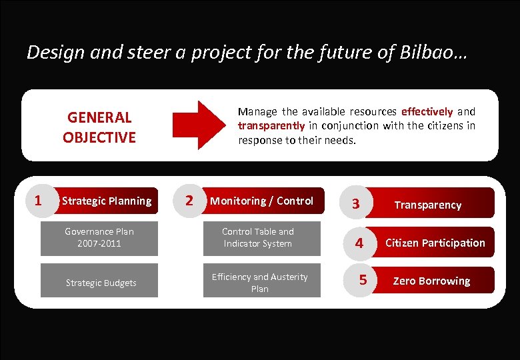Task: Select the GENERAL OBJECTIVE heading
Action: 99,127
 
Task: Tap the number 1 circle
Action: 39,200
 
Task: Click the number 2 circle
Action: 189,200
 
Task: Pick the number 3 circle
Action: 356,204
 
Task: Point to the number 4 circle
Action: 359,243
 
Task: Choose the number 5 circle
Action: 362,280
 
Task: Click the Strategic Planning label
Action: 107,201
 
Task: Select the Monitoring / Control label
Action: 261,201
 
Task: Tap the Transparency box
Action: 428,205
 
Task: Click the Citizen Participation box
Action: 435,243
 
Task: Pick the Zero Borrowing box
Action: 431,281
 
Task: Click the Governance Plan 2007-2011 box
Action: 99,237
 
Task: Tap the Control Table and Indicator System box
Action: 258,237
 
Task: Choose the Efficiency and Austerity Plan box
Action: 259,282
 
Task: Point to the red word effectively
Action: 427,111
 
